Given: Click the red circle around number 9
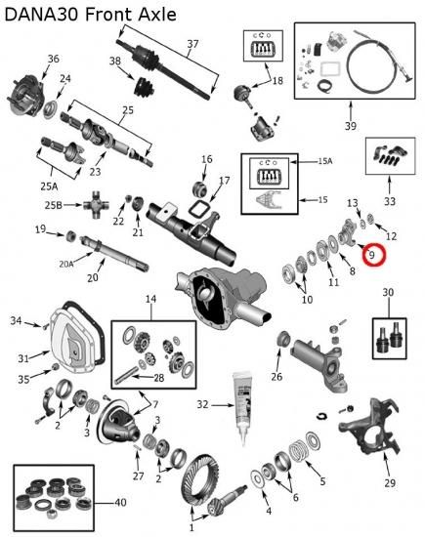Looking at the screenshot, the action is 375,244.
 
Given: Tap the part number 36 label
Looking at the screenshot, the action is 53,59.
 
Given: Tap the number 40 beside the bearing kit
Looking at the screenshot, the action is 120,503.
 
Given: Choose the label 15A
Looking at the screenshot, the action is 325,161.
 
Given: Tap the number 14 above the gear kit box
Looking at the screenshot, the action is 150,299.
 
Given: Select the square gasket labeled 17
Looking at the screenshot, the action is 196,208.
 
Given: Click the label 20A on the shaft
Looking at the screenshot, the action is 66,264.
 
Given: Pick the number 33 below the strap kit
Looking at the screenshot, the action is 390,201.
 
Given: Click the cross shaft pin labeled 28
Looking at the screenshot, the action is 126,375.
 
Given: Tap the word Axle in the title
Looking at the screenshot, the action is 157,15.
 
